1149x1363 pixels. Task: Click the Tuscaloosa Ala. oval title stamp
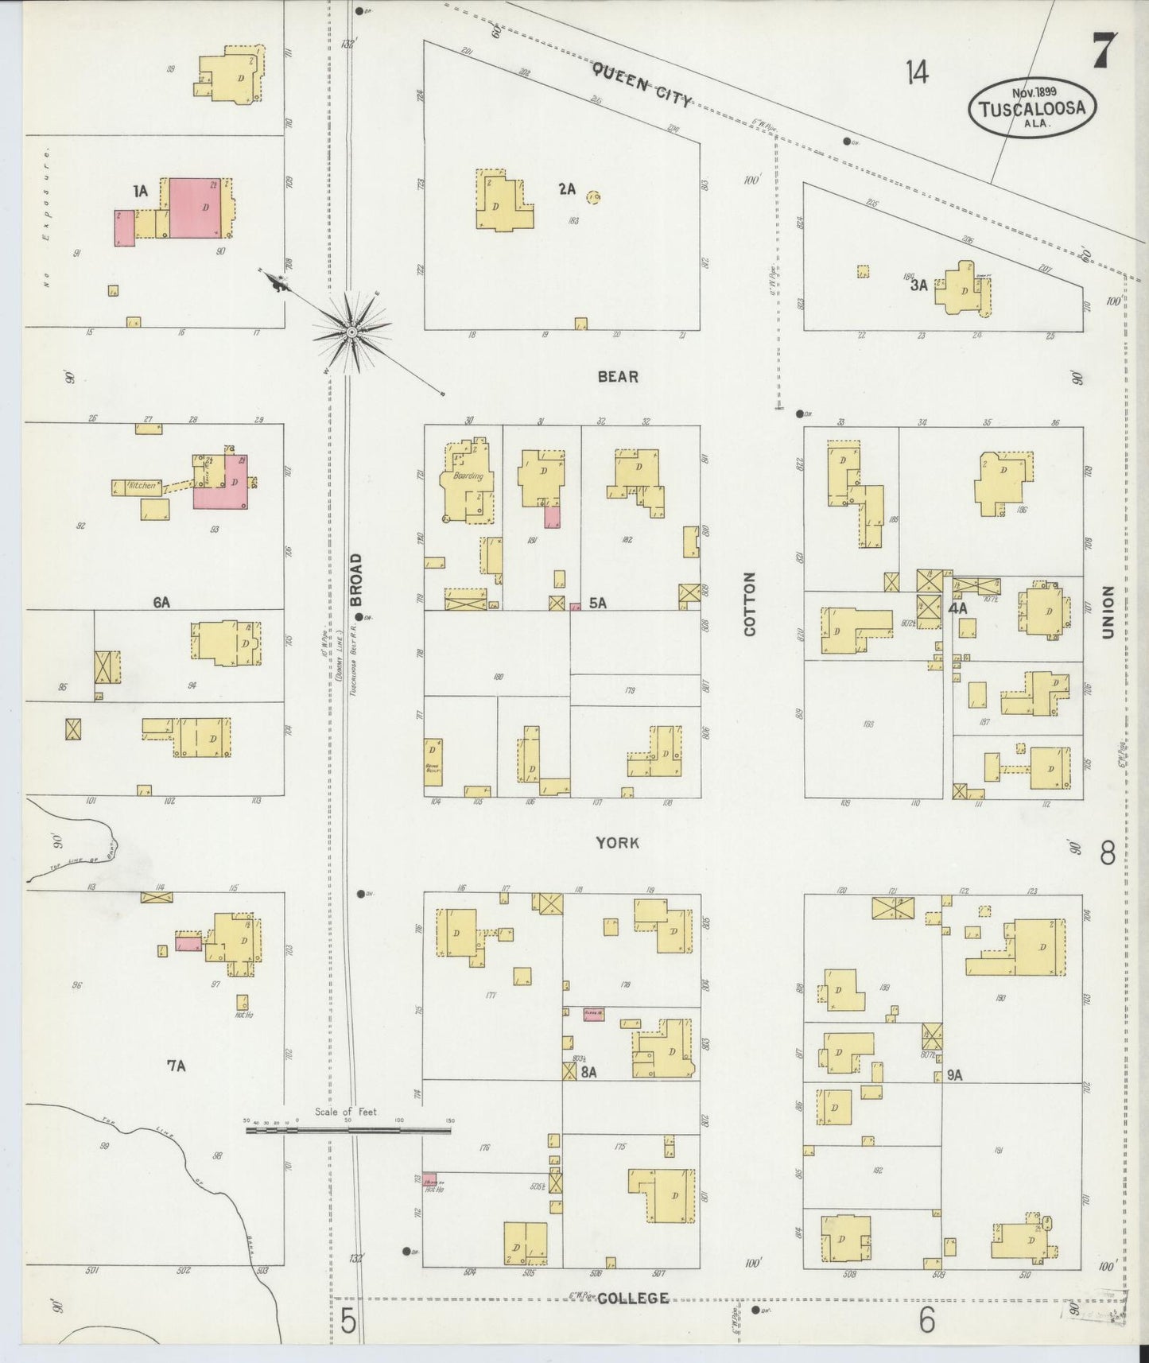click(1032, 107)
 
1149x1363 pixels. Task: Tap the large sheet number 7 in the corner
click(1104, 52)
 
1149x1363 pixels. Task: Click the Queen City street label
click(642, 84)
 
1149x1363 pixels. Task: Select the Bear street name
click(618, 376)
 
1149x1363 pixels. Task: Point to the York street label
click(618, 843)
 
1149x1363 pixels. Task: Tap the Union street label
click(1108, 612)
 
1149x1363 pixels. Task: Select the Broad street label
click(355, 580)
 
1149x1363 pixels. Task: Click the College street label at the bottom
click(632, 1298)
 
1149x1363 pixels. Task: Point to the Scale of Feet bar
click(348, 1128)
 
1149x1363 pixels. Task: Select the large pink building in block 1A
click(195, 208)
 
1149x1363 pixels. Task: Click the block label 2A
click(566, 188)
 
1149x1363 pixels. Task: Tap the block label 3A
click(918, 285)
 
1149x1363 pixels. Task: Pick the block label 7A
click(176, 1066)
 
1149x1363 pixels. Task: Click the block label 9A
click(954, 1074)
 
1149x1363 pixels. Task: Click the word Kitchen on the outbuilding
click(143, 485)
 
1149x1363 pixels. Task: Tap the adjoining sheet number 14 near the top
click(916, 73)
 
